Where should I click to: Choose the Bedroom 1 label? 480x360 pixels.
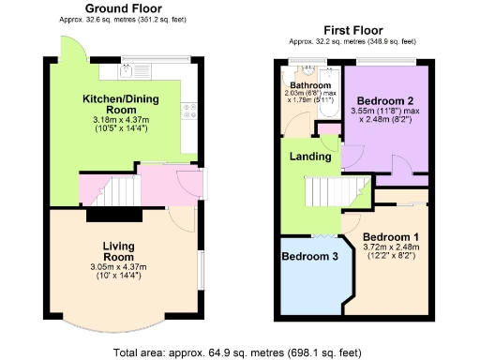(x=390, y=236)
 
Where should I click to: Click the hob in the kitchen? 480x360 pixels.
(x=188, y=111)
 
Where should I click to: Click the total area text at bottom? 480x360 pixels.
(x=238, y=352)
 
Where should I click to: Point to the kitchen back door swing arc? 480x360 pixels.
(x=75, y=51)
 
